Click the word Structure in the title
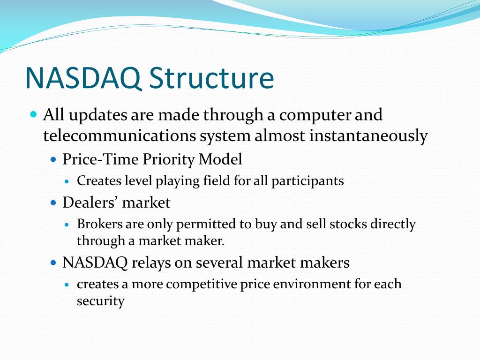pos(211,78)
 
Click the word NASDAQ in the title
pos(83,78)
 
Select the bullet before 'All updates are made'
pos(34,114)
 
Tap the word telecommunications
pos(120,135)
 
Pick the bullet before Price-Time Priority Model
pos(53,159)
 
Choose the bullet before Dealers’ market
pos(53,202)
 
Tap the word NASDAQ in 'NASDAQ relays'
pos(95,262)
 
